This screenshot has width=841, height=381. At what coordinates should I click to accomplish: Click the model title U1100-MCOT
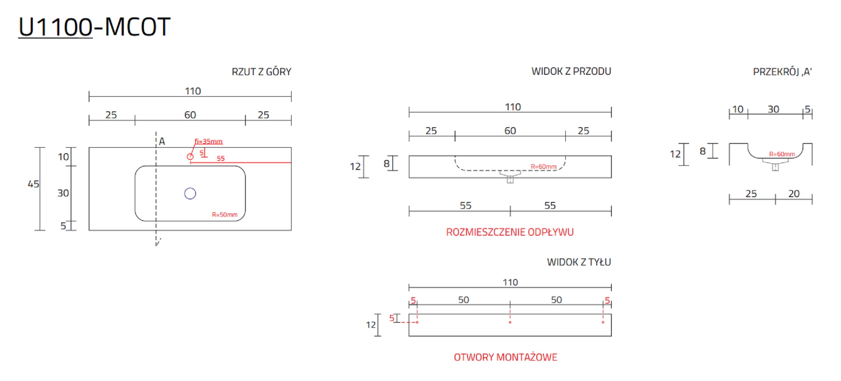coord(94,27)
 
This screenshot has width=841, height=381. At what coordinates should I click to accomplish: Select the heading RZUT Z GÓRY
coord(261,72)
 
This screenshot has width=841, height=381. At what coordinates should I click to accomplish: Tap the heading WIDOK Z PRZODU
coord(571,71)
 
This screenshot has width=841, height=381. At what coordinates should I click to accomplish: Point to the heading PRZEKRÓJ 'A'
coord(782,72)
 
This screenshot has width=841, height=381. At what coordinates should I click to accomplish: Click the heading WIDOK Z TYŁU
coord(579,262)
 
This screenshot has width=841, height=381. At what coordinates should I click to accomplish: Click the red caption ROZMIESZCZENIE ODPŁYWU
coord(510,232)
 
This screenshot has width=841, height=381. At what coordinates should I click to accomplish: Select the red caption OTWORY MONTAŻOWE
coord(505,357)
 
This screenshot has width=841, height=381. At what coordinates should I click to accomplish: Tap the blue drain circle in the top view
coord(190,193)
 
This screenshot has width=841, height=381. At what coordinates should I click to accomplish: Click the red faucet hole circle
coord(190,156)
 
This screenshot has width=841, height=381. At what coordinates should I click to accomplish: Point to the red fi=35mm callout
coord(208,142)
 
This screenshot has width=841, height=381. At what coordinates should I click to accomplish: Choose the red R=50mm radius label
coord(225,214)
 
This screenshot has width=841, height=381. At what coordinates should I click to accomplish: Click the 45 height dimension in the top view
coord(33,184)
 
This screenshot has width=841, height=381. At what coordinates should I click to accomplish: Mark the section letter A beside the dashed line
coord(162,142)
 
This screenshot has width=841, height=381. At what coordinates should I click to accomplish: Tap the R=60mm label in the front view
coord(543,167)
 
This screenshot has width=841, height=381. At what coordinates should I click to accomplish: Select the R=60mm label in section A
coord(782,154)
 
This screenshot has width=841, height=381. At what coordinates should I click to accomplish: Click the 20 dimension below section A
coord(794,194)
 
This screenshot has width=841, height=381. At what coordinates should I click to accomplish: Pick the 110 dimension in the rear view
coord(510,282)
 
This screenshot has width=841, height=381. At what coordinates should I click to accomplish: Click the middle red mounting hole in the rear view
coord(510,322)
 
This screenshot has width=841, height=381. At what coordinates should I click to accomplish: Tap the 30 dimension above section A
coord(773,110)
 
